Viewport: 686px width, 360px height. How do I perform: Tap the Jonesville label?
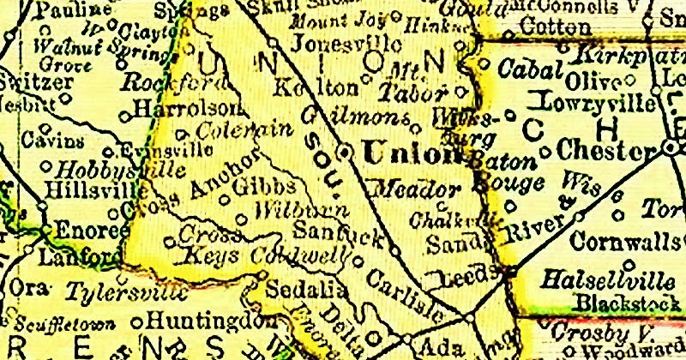(334, 43)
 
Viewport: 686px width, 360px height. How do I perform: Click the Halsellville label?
(611, 279)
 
